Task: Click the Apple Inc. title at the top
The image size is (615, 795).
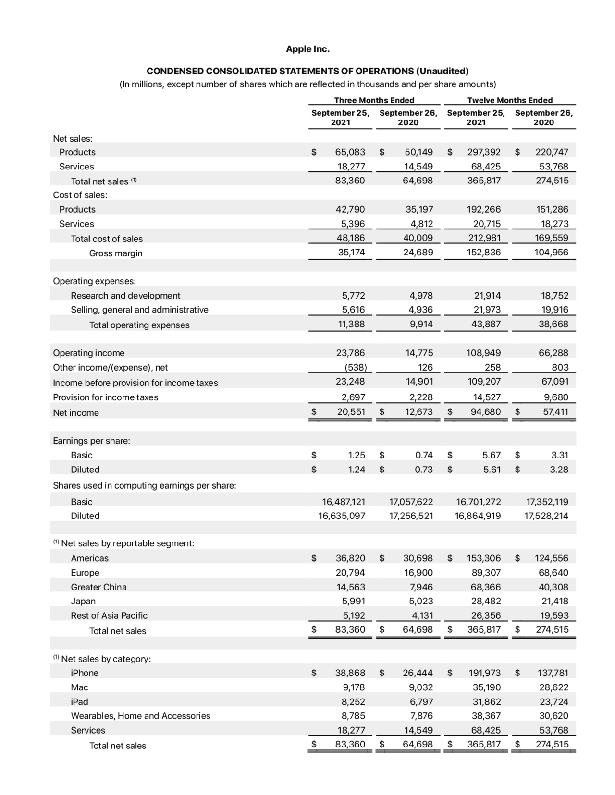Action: [x=307, y=49]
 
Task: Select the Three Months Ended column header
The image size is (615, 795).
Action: [x=374, y=100]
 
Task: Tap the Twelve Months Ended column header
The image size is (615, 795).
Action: [x=510, y=100]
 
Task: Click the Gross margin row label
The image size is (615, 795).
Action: [x=115, y=253]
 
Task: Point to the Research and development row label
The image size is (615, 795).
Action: [x=125, y=296]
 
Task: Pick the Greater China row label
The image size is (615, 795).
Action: [x=98, y=587]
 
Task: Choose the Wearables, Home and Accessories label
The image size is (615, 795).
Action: [x=140, y=716]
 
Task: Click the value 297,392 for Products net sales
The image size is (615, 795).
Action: [x=483, y=152]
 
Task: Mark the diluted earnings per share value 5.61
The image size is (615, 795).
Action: [x=492, y=470]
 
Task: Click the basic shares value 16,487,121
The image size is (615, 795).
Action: [x=343, y=502]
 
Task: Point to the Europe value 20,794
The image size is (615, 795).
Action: [x=350, y=573]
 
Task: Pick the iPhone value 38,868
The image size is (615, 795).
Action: [x=350, y=673]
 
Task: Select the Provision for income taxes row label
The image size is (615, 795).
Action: [x=105, y=397]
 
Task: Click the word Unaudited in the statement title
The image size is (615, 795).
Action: [x=443, y=72]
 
